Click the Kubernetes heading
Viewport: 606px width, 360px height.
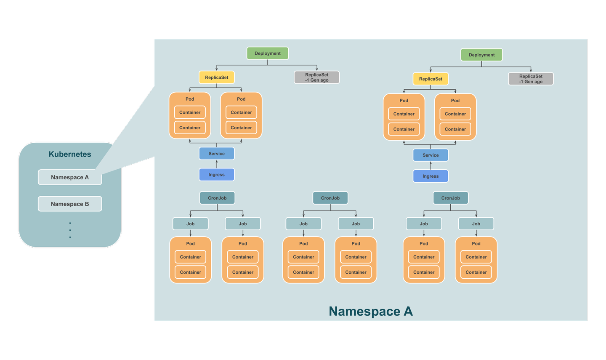pyautogui.click(x=70, y=154)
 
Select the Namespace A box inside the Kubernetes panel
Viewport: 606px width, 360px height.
pyautogui.click(x=70, y=177)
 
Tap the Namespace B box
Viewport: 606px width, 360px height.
pyautogui.click(x=70, y=204)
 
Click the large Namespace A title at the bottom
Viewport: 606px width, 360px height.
pyautogui.click(x=370, y=311)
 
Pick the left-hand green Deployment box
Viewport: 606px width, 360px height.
pyautogui.click(x=267, y=53)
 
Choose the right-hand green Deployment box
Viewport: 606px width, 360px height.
pyautogui.click(x=481, y=55)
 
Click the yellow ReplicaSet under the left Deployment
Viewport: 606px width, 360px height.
pyautogui.click(x=217, y=77)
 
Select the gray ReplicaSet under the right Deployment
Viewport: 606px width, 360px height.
pyautogui.click(x=531, y=79)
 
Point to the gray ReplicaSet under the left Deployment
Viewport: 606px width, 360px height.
pyautogui.click(x=316, y=77)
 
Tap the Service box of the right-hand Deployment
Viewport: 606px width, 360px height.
pyautogui.click(x=431, y=155)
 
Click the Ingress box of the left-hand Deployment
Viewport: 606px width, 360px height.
pyautogui.click(x=217, y=175)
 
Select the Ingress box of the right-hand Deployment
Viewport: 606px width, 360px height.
pyautogui.click(x=431, y=176)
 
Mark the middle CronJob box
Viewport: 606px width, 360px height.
pyautogui.click(x=330, y=198)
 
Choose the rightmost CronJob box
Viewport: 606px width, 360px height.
pyautogui.click(x=451, y=198)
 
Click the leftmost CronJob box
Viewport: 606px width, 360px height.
pyautogui.click(x=217, y=198)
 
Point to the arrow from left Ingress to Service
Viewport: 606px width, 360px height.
pyautogui.click(x=217, y=164)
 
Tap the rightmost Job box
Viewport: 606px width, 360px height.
pyautogui.click(x=476, y=224)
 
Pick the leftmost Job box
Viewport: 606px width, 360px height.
pyautogui.click(x=191, y=224)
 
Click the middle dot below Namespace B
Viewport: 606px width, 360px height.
pyautogui.click(x=70, y=230)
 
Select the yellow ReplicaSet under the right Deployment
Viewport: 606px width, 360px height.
pyautogui.click(x=431, y=79)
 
